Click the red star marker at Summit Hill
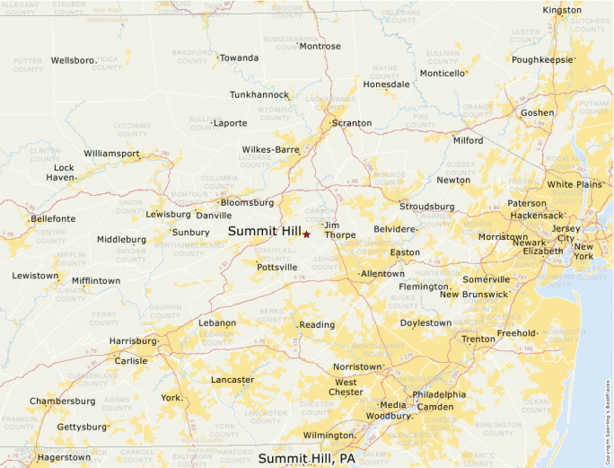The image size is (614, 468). pos(306,234)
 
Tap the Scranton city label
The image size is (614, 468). pos(351,123)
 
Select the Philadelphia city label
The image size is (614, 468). pos(439,394)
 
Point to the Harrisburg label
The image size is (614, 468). pos(133,341)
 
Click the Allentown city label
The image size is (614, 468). pos(382,273)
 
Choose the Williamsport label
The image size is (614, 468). pos(112,154)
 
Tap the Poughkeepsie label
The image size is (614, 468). pos(543,60)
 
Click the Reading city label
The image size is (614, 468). pos(317,325)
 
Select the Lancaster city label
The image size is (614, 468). pos(232,380)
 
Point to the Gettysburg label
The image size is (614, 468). pos(82,428)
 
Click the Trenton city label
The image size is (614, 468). pos(478,340)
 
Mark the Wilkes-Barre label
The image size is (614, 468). pos(270,150)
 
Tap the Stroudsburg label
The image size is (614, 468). pos(427,207)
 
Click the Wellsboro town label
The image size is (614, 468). pos(73,60)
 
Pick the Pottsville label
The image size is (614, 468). pos(276,267)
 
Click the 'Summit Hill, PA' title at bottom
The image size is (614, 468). pos(307,459)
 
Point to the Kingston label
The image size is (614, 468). pos(562,10)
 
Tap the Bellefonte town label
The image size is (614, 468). pos(53,218)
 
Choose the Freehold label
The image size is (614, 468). pos(516,333)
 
